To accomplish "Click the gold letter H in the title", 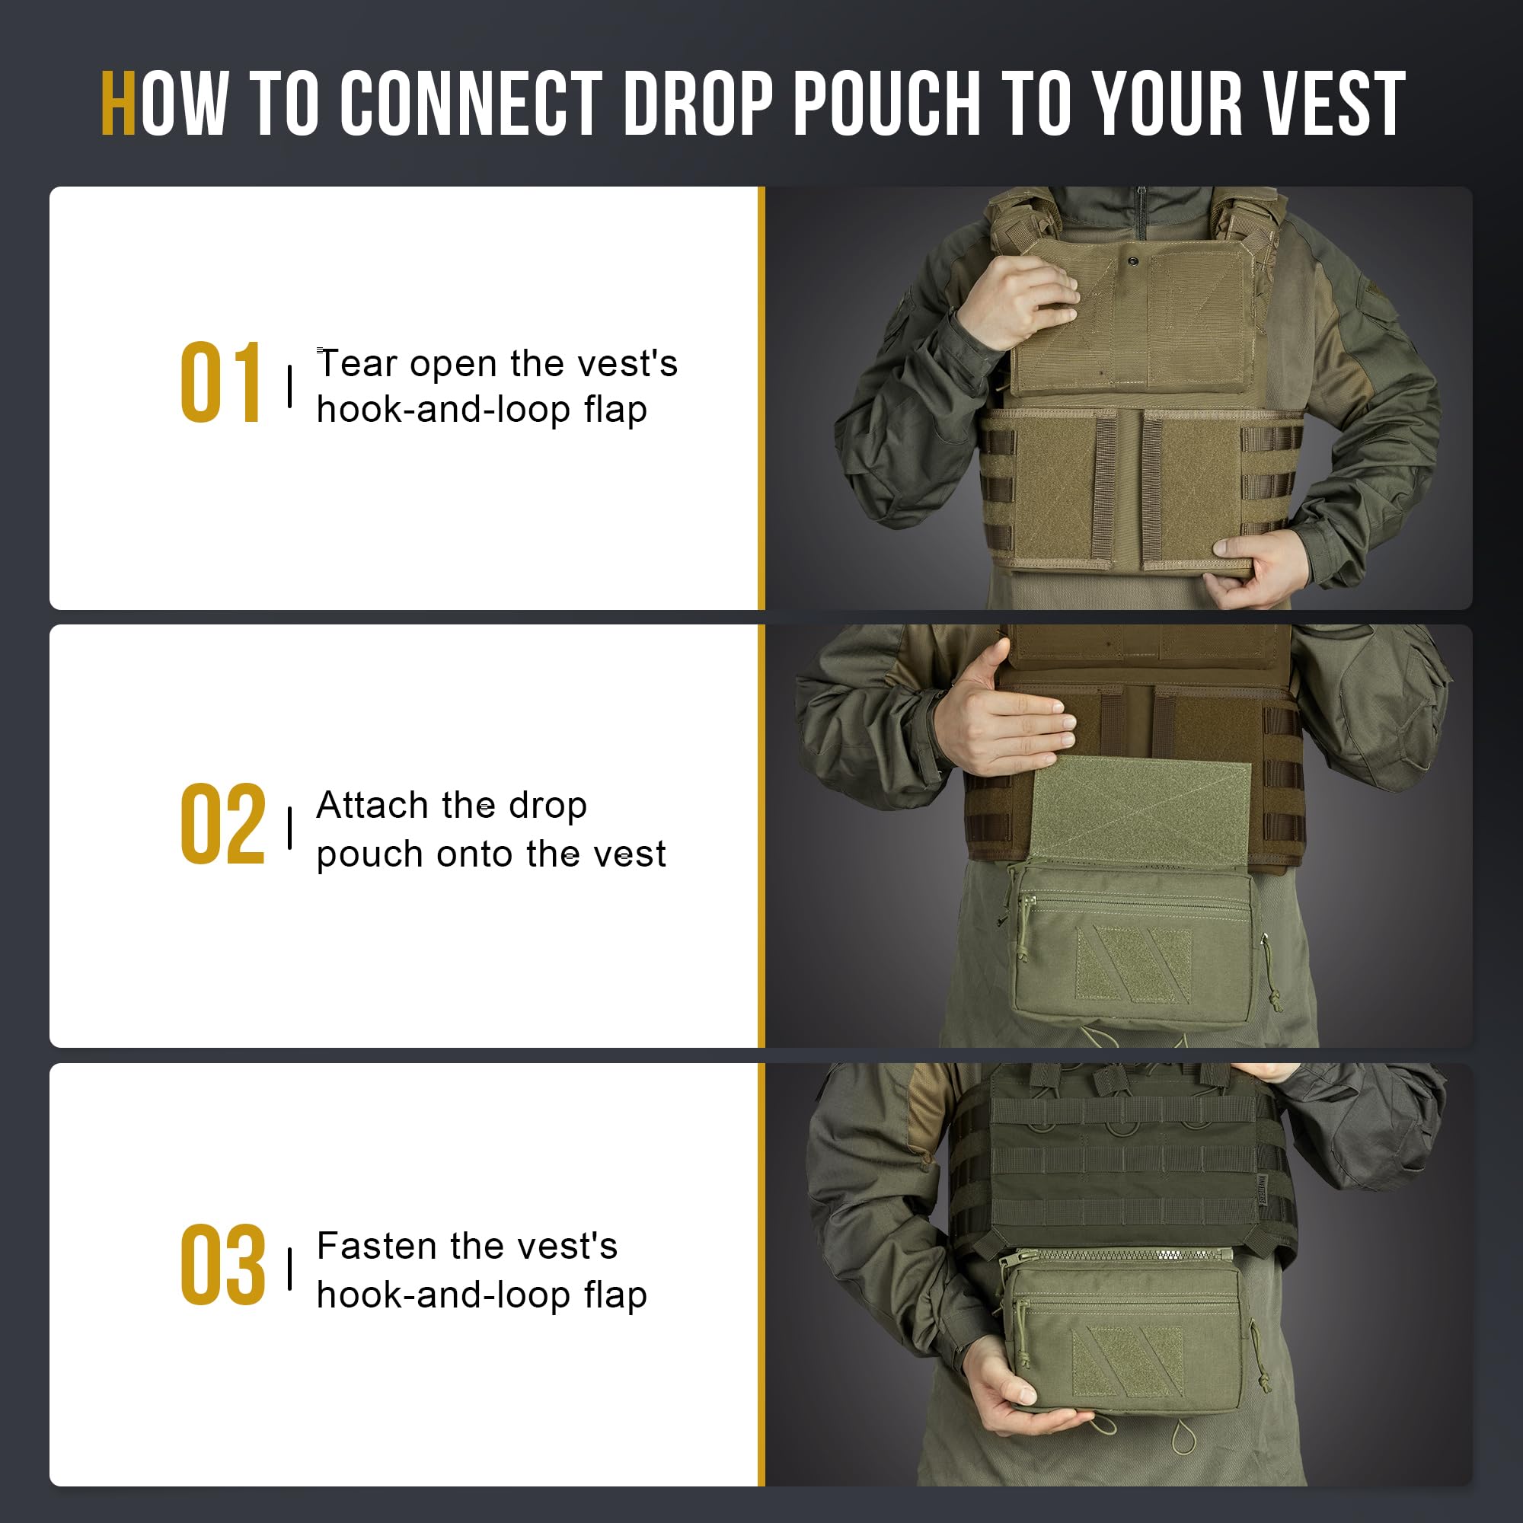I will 118,104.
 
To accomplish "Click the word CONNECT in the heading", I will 471,104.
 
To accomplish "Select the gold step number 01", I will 221,383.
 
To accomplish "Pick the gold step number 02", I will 222,825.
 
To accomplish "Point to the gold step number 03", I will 222,1266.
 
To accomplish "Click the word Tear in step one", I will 356,364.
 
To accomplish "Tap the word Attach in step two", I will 372,806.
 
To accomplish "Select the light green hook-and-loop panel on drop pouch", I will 1140,812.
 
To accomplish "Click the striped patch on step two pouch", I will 1134,965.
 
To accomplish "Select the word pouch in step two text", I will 369,854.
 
